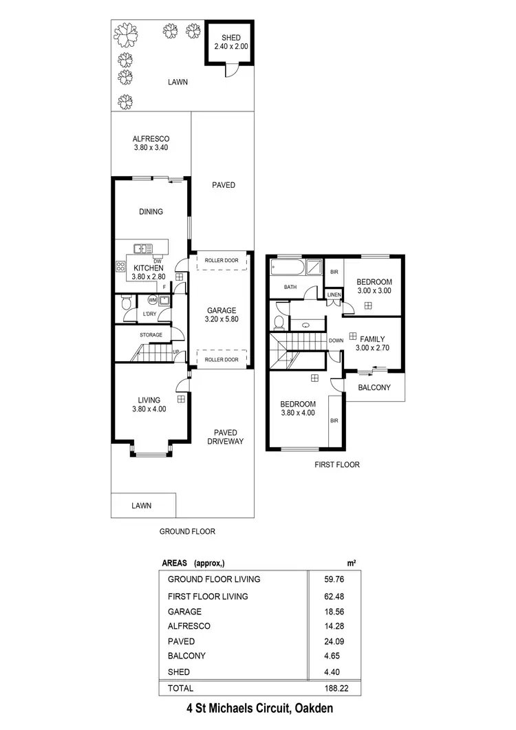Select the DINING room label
pos(151,212)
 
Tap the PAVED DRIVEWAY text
pos(226,437)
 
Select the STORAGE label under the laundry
pos(151,335)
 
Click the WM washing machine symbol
pos(152,300)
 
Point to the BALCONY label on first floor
pos(374,387)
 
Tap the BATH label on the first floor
pos(290,288)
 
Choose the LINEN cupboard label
pos(334,294)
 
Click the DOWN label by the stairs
pos(336,340)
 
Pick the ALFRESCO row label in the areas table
pos(189,626)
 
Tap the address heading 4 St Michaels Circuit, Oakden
pos(259,708)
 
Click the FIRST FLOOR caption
pos(337,464)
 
